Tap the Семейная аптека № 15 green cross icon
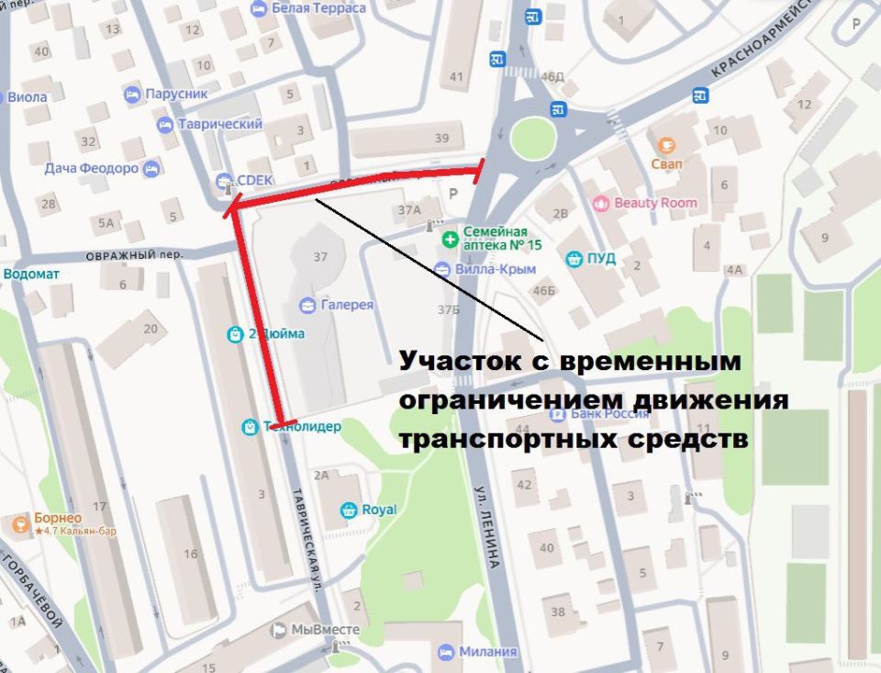click(x=450, y=240)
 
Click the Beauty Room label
click(x=655, y=203)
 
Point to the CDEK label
click(x=256, y=180)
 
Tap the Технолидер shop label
click(x=302, y=427)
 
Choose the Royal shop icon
click(x=349, y=510)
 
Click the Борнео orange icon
click(x=18, y=523)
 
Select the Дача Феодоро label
click(x=92, y=169)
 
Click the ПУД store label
click(x=602, y=259)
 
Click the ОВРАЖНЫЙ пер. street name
click(x=134, y=254)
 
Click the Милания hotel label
click(x=489, y=652)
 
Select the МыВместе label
click(x=325, y=630)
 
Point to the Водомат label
click(x=33, y=274)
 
